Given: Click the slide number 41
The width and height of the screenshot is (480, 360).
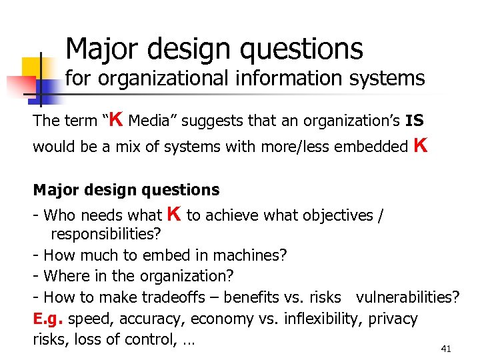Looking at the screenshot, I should (x=446, y=349).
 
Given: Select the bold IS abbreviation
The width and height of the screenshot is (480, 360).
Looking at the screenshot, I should (x=414, y=121).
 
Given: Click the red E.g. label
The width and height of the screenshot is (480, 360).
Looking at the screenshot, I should (x=49, y=319).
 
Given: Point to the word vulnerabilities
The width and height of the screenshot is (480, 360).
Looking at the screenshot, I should (x=407, y=297).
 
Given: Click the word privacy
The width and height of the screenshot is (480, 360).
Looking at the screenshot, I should (x=392, y=319).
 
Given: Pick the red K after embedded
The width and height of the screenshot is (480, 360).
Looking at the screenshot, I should (x=420, y=144).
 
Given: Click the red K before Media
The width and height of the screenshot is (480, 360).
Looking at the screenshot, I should (x=115, y=119).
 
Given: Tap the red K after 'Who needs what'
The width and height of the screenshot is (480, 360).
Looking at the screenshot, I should (x=174, y=214).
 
